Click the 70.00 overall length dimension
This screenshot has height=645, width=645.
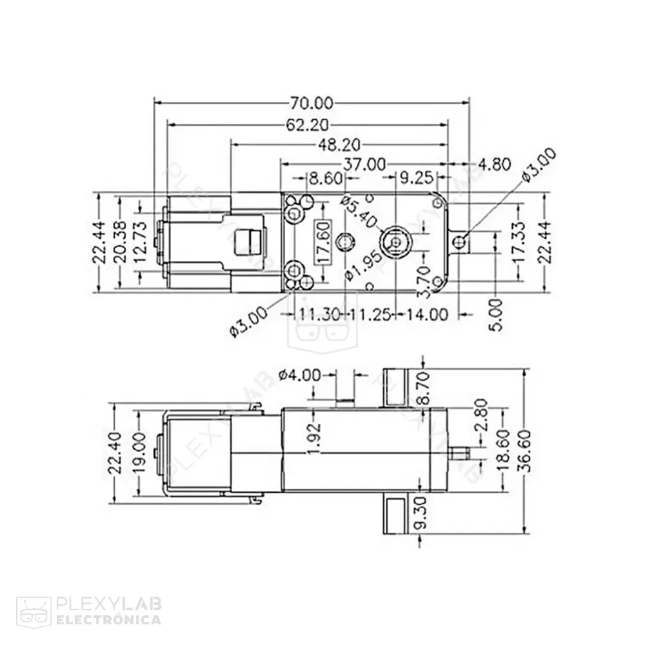coord(312,103)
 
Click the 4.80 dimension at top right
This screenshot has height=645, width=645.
coord(496,164)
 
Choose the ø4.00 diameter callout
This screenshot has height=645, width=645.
coord(299,375)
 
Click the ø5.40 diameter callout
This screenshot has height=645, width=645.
coord(359,212)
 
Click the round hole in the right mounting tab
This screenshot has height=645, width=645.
coord(461,243)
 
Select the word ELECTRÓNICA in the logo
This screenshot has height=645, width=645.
coord(109,620)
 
